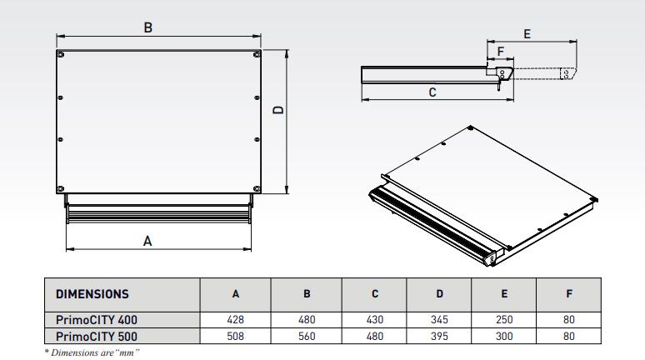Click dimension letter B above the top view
click(147, 27)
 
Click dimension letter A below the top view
click(147, 241)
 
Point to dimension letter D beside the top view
click(279, 109)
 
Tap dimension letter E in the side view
click(527, 33)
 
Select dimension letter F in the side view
click(500, 52)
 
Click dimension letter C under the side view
click(432, 92)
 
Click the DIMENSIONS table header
click(92, 293)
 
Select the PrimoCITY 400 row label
click(97, 319)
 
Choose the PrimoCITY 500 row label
click(97, 336)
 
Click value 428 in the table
click(236, 319)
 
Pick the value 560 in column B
click(307, 336)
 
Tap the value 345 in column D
click(439, 319)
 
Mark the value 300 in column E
click(505, 336)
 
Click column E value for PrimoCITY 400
click(505, 319)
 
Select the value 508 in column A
click(236, 336)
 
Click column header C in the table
click(375, 293)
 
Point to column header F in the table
click(569, 293)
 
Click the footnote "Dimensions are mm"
click(92, 352)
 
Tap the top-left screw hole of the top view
click(62, 55)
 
